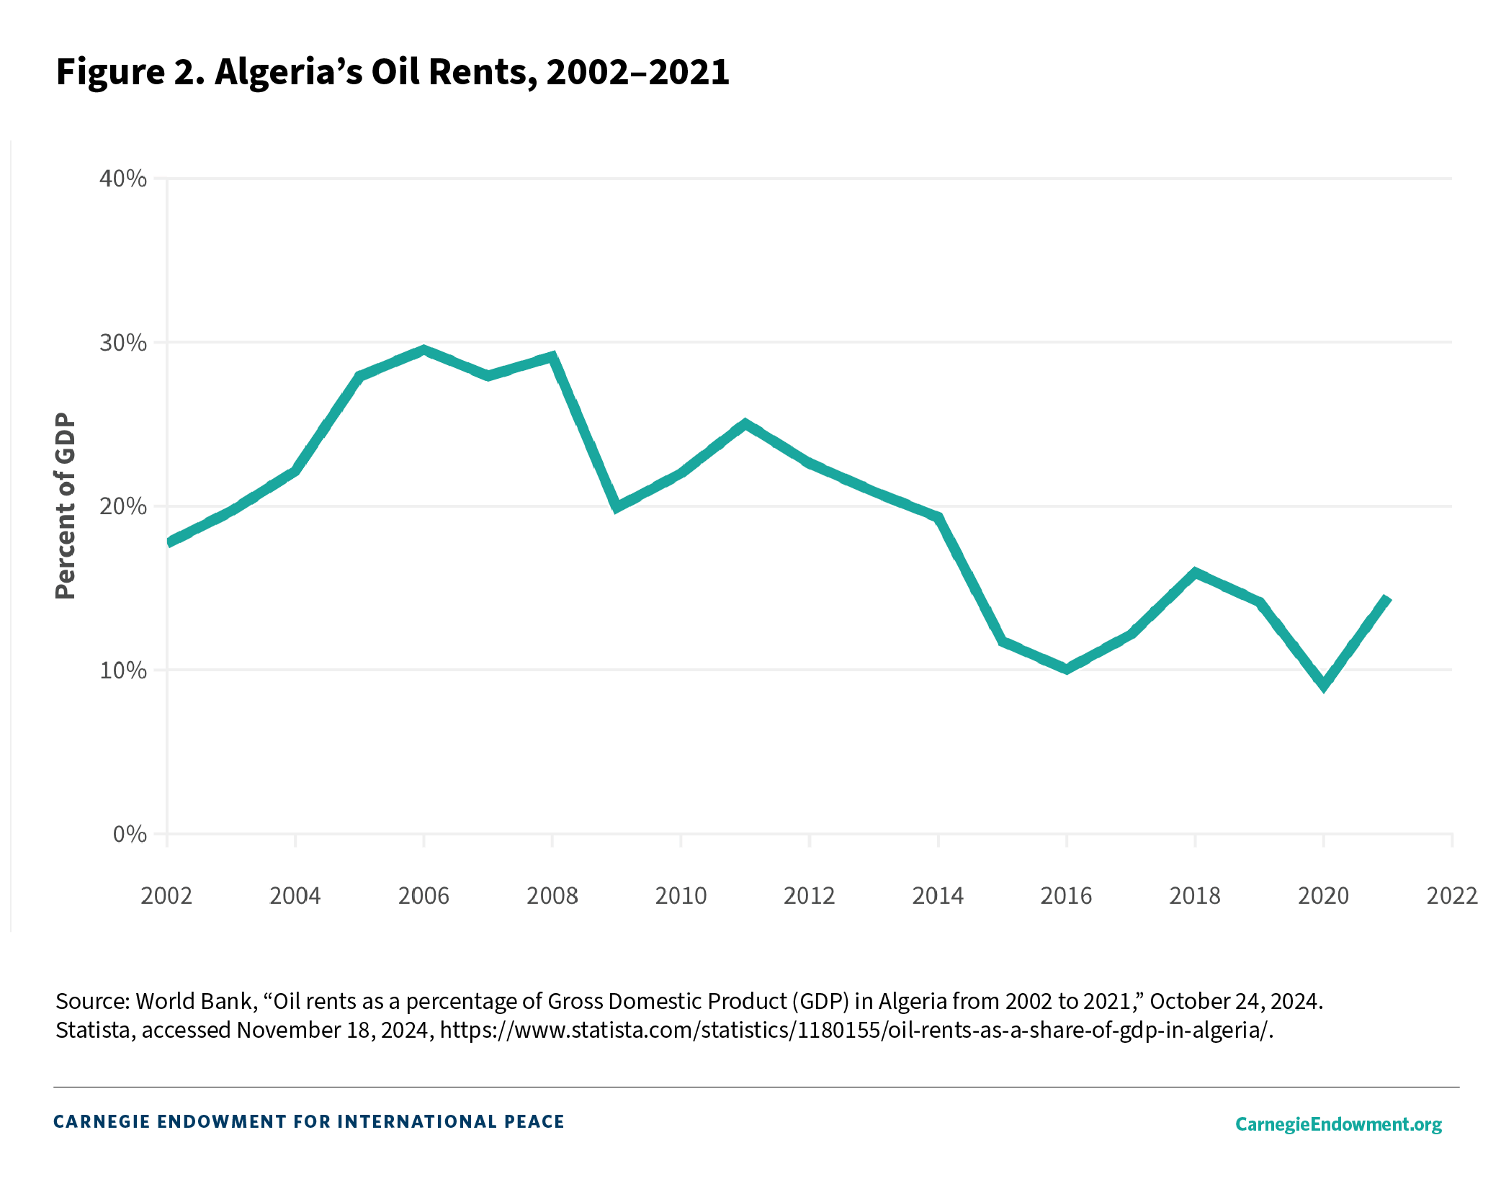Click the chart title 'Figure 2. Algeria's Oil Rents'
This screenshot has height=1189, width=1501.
tap(393, 72)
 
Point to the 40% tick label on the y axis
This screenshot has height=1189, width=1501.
tap(122, 178)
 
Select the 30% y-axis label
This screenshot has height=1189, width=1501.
tap(122, 342)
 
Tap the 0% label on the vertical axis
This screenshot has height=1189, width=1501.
tap(130, 834)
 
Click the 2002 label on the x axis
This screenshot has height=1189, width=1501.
tap(166, 895)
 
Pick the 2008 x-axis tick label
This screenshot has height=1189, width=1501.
tap(552, 895)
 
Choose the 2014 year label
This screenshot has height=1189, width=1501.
tap(938, 895)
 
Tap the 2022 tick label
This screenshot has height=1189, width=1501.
tap(1452, 895)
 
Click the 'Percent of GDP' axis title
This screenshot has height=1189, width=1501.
tap(66, 506)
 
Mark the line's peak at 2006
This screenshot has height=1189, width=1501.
tap(424, 351)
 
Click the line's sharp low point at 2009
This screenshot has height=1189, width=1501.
tap(617, 506)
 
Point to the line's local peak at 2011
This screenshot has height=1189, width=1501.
tap(745, 424)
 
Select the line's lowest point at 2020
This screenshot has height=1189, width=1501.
tap(1324, 685)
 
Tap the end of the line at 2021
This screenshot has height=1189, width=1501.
tap(1387, 599)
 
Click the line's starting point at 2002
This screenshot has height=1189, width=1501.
tap(168, 542)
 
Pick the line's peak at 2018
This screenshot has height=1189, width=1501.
tap(1195, 573)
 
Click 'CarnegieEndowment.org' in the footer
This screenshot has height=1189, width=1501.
tap(1338, 1124)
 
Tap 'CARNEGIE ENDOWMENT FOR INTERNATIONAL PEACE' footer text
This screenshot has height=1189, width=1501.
tap(309, 1121)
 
